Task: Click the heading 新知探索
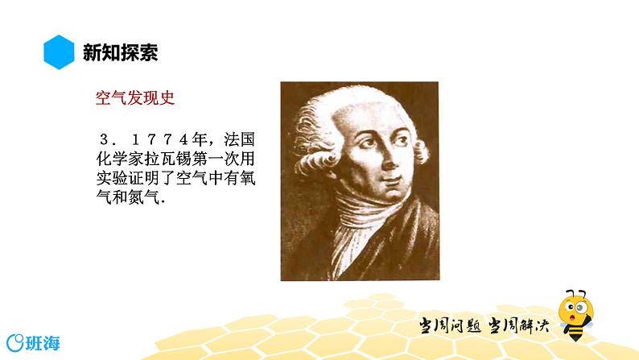121,53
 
